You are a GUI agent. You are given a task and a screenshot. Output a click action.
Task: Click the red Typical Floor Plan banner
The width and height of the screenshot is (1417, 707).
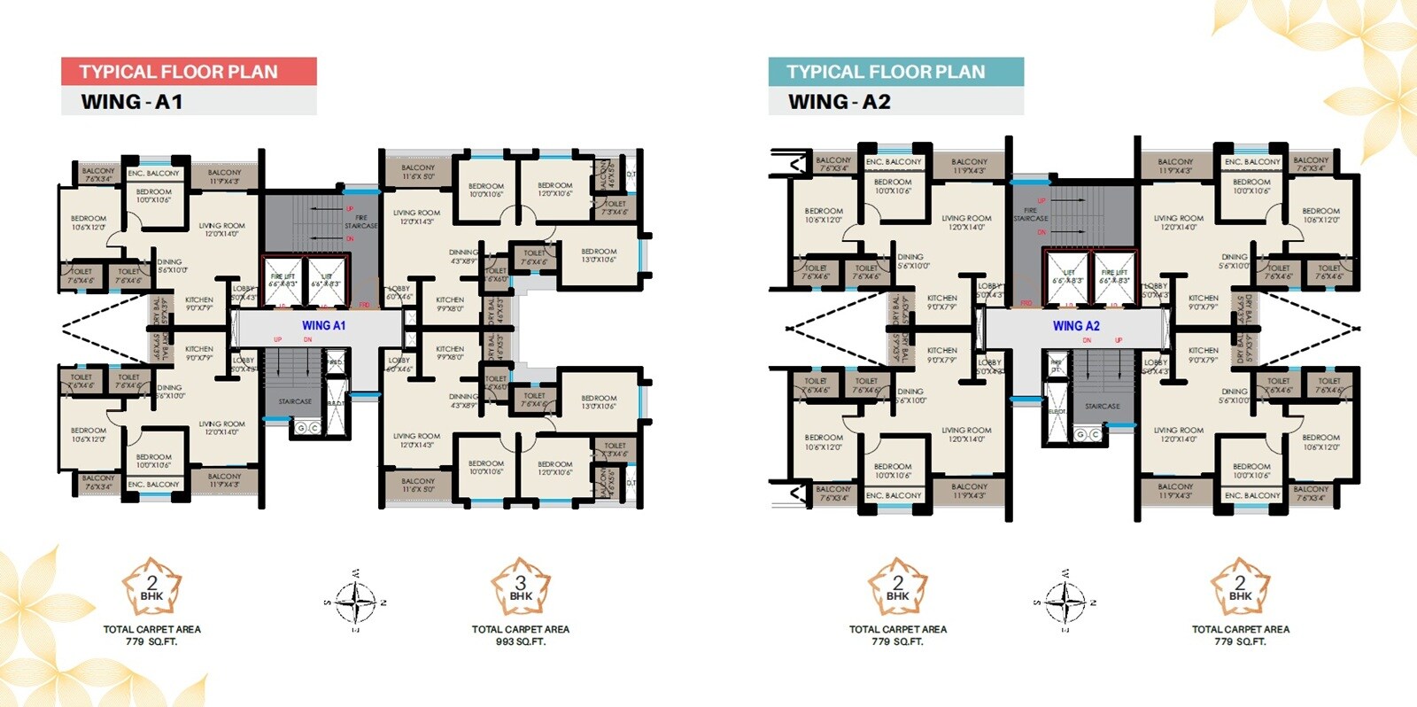(189, 72)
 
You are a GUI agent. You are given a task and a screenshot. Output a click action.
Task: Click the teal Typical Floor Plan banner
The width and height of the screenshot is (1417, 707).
(895, 72)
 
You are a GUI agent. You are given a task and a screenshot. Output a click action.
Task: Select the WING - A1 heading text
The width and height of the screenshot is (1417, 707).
(132, 102)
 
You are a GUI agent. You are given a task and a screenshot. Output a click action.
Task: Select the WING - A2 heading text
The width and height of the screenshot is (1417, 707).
(840, 102)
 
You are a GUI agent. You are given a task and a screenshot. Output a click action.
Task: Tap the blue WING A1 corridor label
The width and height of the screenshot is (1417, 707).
(323, 326)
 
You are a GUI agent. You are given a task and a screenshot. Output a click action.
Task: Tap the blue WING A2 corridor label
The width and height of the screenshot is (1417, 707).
(1076, 326)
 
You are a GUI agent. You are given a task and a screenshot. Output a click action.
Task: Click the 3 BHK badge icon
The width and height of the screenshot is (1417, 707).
(521, 587)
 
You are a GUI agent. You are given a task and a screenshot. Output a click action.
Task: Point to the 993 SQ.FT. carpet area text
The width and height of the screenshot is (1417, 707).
(521, 641)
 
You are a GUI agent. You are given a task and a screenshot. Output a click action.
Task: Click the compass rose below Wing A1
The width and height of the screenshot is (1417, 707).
(356, 602)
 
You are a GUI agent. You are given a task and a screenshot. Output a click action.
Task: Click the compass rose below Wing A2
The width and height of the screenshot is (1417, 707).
(1065, 602)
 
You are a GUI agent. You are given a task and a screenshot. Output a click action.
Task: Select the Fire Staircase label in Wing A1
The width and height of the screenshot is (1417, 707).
(360, 221)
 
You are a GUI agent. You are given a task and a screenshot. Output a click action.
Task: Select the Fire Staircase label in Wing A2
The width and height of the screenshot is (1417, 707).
(1030, 214)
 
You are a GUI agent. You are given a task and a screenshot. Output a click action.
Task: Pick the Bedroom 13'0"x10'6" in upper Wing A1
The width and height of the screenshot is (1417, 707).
(599, 256)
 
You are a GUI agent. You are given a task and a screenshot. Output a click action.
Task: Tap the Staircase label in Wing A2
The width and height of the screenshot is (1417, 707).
(1103, 407)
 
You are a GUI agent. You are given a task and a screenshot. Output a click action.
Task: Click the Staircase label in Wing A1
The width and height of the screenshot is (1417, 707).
(295, 401)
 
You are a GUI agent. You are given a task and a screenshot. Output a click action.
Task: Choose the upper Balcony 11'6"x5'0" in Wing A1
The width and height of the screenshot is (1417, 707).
(418, 172)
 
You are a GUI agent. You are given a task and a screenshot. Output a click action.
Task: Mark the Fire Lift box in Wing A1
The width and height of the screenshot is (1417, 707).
(283, 280)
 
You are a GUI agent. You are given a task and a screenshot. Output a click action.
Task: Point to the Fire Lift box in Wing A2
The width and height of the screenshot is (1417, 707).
(1114, 276)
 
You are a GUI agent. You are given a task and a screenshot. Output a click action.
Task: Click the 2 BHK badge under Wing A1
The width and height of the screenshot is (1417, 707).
(151, 587)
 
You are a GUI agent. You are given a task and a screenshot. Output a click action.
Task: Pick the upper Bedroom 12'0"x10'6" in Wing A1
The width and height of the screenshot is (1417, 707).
(555, 190)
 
